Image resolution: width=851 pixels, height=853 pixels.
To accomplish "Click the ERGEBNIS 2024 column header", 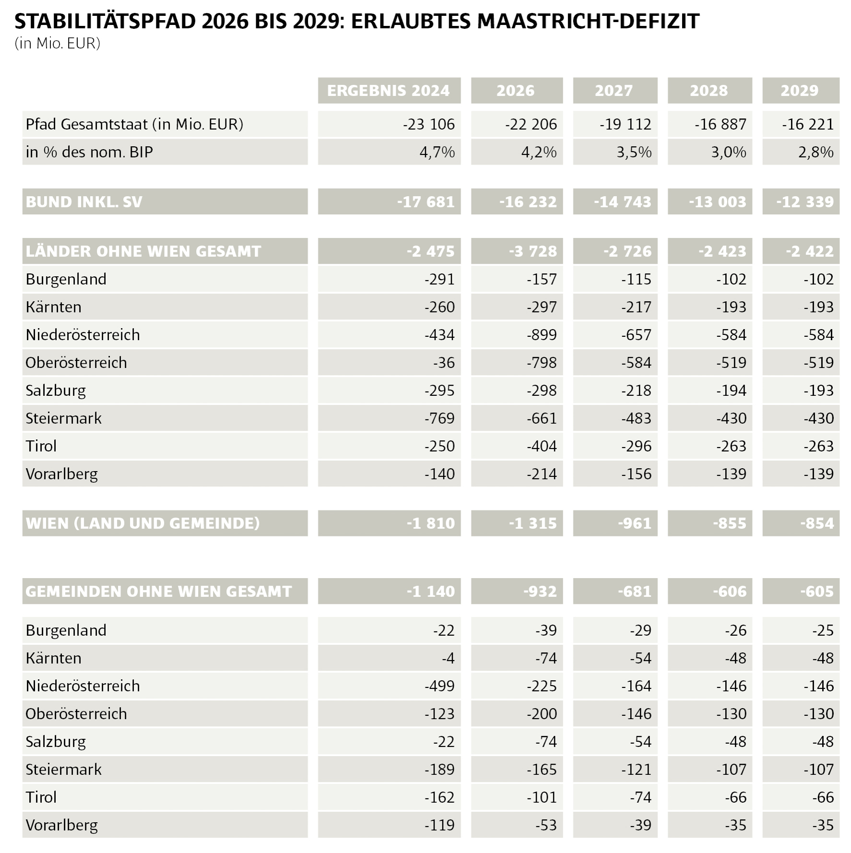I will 389,91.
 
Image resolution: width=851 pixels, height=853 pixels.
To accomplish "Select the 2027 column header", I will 614,91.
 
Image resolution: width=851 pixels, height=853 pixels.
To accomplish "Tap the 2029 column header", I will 800,91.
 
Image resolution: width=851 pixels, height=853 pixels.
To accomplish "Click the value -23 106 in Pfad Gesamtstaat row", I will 429,125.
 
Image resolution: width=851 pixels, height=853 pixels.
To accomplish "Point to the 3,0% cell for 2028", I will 729,153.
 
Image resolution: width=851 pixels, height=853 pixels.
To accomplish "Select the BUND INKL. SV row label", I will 84,202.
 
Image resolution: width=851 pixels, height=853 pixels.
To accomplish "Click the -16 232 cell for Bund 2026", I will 528,202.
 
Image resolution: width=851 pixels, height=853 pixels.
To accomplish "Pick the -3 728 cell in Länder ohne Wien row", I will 533,251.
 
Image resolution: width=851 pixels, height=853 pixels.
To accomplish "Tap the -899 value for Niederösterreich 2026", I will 542,335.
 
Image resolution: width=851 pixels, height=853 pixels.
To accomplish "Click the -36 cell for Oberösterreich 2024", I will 444,363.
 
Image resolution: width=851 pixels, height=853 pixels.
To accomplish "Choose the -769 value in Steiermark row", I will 439,418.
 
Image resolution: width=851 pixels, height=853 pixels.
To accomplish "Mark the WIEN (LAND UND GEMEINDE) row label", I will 143,523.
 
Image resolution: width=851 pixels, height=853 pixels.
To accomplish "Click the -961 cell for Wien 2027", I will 635,523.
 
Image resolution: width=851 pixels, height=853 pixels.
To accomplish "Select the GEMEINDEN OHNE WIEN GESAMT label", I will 159,592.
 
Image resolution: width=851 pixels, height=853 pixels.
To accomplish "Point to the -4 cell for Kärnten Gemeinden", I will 448,658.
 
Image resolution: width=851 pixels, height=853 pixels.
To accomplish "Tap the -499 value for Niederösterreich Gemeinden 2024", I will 439,686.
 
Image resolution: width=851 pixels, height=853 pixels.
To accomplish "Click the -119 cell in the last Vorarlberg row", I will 439,825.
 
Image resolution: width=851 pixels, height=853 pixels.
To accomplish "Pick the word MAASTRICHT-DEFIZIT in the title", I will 588,21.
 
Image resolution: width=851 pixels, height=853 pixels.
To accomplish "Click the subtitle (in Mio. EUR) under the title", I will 58,44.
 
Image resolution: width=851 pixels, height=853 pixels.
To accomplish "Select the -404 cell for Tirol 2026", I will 542,446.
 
